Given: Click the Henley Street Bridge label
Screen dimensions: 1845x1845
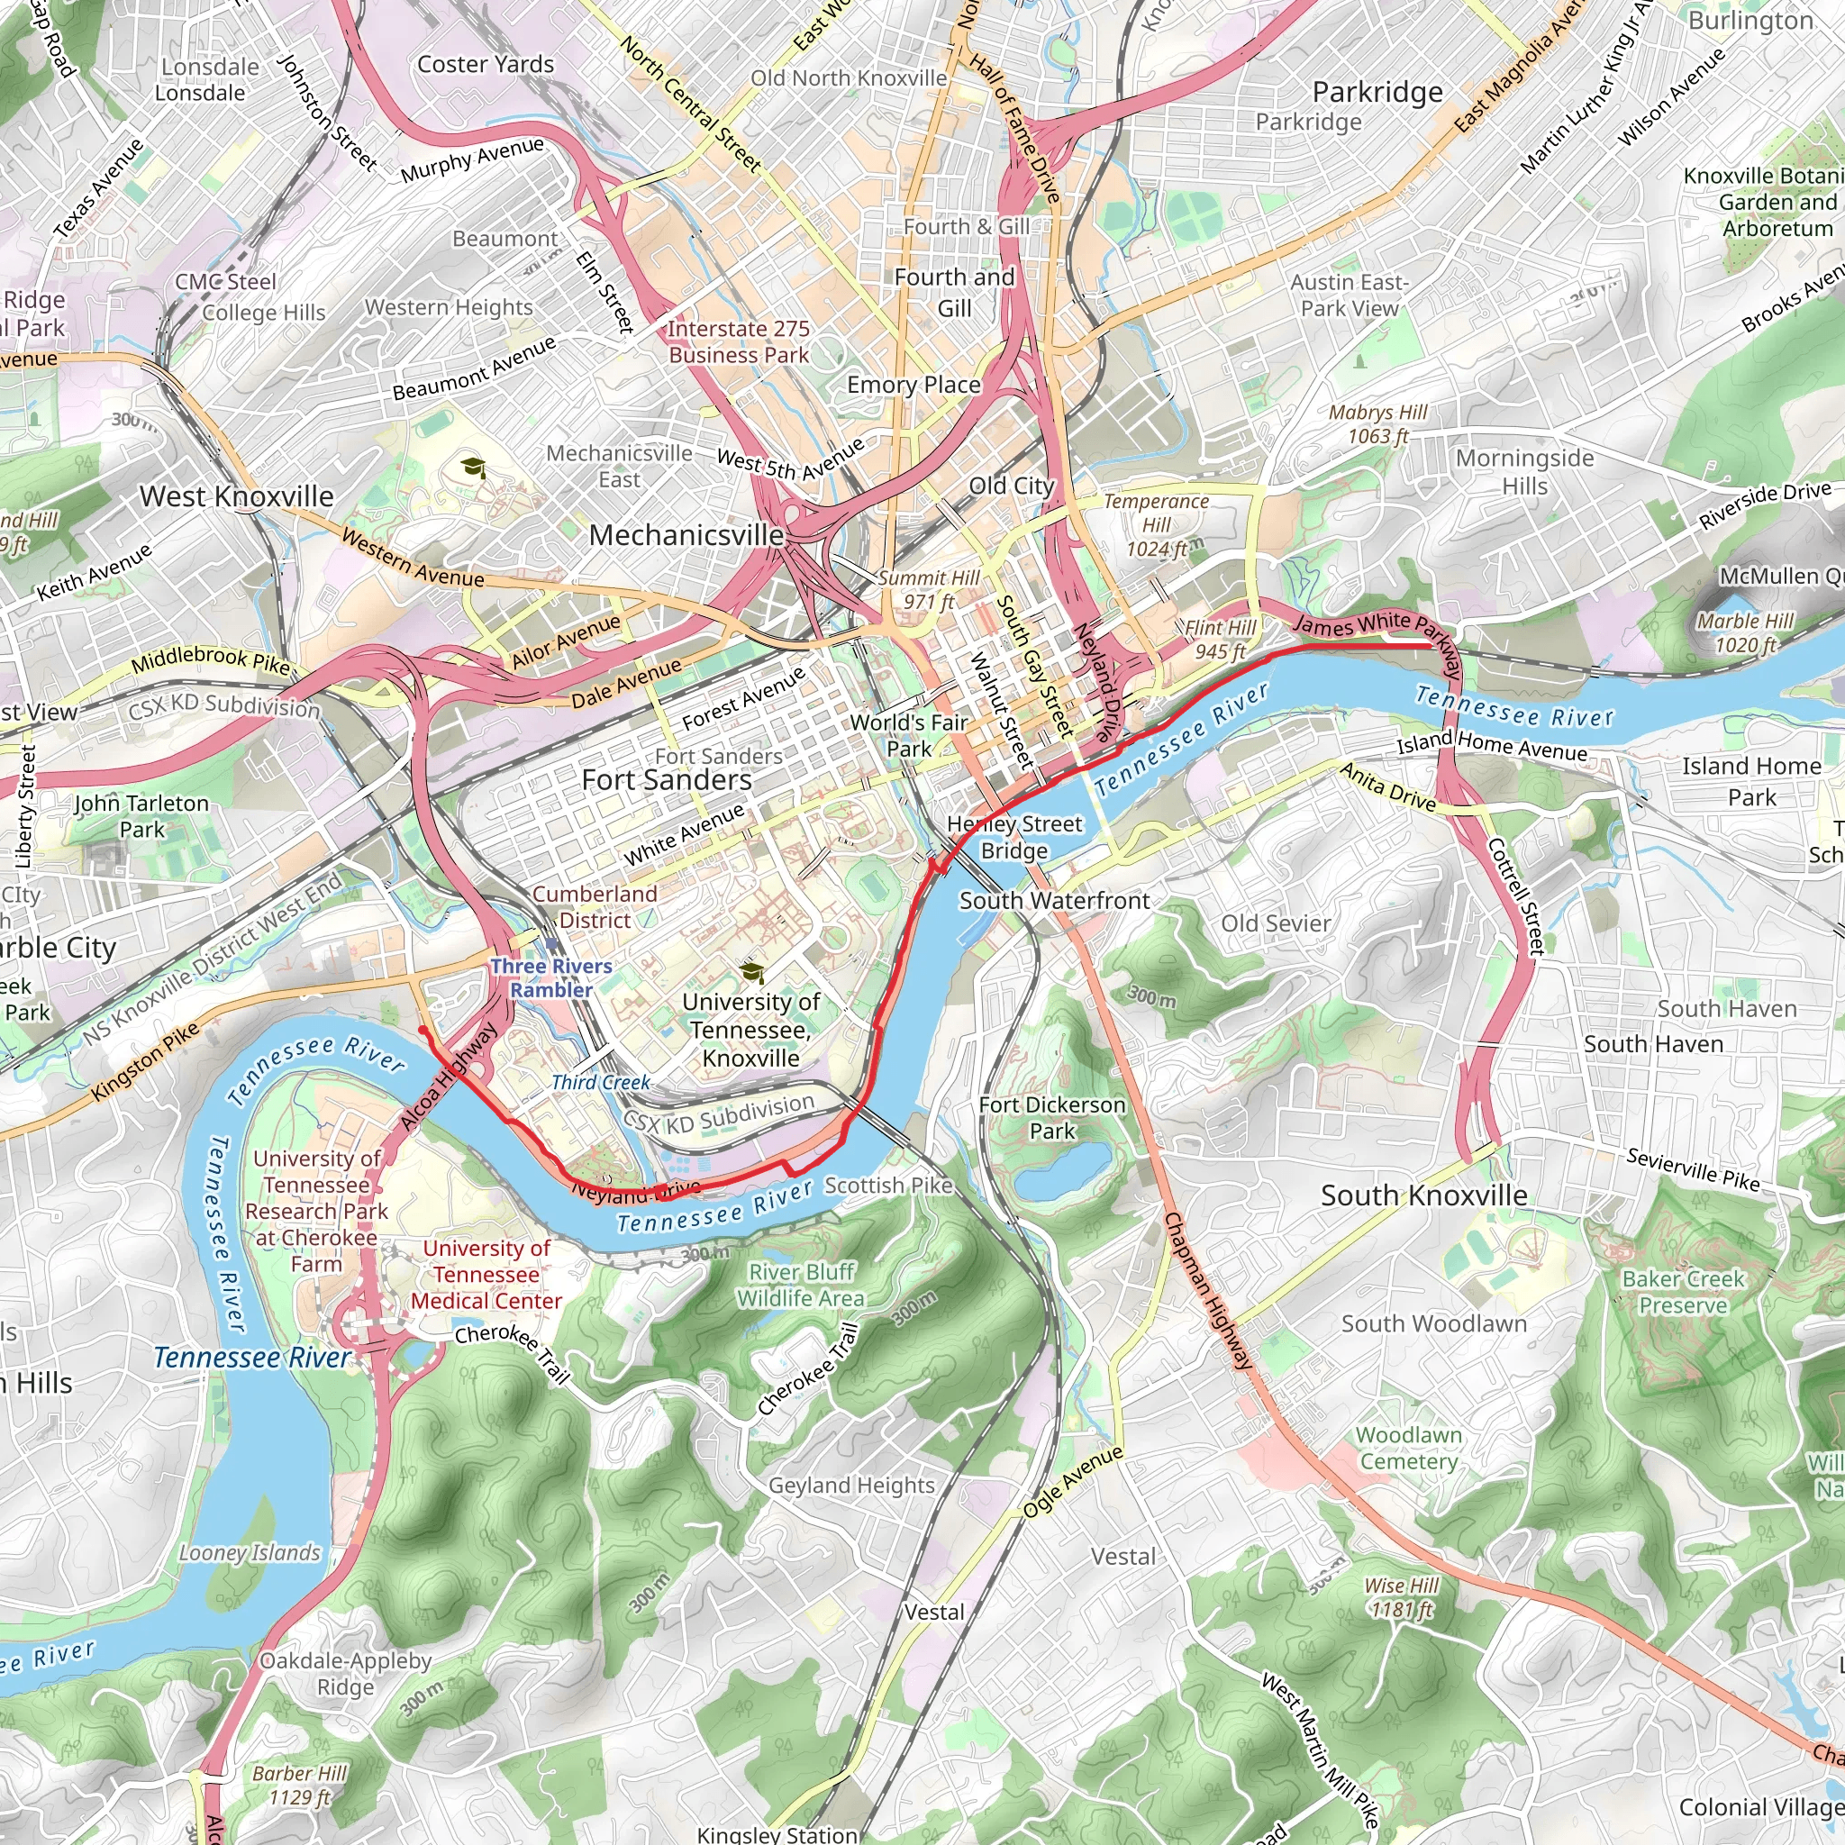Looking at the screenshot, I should click(x=1014, y=837).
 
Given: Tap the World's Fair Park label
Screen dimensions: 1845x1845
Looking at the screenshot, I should click(x=909, y=735).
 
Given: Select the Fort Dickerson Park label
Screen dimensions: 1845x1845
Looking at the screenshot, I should click(x=1052, y=1117).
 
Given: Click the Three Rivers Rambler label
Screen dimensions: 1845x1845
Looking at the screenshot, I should click(x=551, y=977).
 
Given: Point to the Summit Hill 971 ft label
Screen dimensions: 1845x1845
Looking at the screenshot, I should click(x=928, y=589).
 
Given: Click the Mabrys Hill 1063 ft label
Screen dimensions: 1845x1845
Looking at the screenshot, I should click(x=1378, y=424).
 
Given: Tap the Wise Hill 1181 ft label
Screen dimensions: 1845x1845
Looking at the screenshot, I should click(x=1401, y=1596).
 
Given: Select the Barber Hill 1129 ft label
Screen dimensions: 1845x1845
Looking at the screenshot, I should click(x=299, y=1785).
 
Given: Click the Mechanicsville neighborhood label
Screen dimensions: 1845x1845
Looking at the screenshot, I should click(x=686, y=535).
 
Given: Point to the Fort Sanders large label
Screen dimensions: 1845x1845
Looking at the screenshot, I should click(x=667, y=780).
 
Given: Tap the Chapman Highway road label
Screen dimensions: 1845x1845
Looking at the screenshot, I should click(x=1207, y=1291).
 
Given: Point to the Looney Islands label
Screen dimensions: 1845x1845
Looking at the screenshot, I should click(x=250, y=1553).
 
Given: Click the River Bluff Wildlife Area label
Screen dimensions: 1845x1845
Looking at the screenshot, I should click(x=801, y=1285).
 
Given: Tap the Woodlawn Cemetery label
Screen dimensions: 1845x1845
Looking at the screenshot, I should click(x=1409, y=1448).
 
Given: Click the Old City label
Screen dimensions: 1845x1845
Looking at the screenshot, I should click(x=1012, y=486).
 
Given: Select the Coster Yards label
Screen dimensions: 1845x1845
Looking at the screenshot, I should click(x=486, y=64).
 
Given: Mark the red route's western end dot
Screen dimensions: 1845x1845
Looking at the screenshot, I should click(x=423, y=1030).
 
